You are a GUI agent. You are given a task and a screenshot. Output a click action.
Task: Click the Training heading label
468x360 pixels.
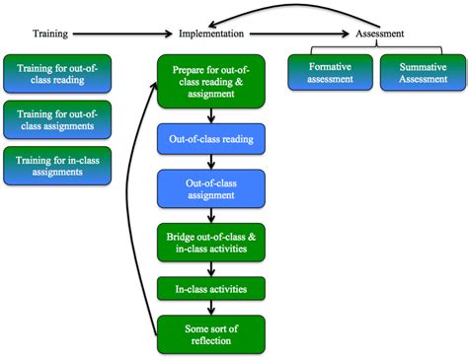[49, 34]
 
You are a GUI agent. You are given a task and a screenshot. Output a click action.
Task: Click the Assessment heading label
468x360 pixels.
[380, 34]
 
